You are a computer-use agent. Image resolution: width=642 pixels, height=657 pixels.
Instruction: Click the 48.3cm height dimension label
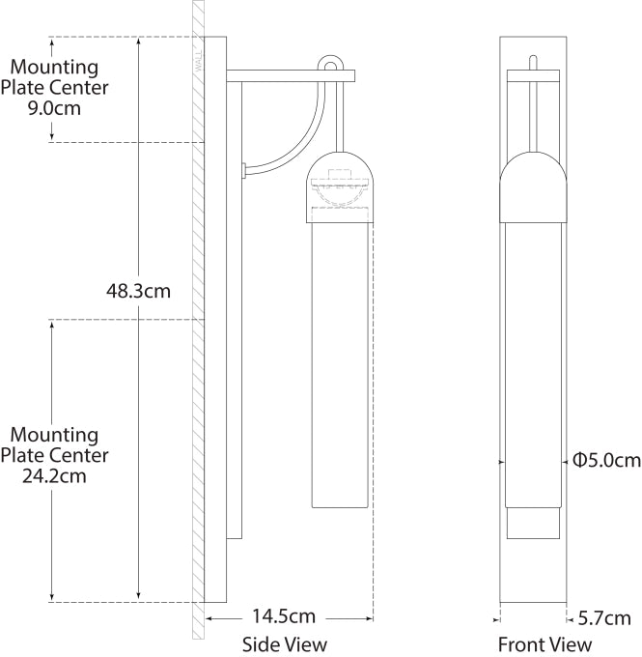tap(138, 289)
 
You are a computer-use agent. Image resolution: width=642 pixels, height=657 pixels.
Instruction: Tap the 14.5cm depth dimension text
tap(284, 615)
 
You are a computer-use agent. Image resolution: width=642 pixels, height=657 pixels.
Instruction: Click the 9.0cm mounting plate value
tap(54, 108)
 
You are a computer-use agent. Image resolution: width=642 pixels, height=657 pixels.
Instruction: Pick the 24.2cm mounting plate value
tap(54, 475)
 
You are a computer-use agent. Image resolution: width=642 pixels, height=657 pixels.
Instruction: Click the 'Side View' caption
tap(284, 643)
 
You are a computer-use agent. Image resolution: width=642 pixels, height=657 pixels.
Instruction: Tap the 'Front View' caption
tap(544, 643)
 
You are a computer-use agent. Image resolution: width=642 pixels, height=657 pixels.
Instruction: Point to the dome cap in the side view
tap(340, 169)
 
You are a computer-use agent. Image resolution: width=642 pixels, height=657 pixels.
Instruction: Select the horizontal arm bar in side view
tap(290, 75)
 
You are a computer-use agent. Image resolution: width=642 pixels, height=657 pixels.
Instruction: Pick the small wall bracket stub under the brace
tap(245, 171)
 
